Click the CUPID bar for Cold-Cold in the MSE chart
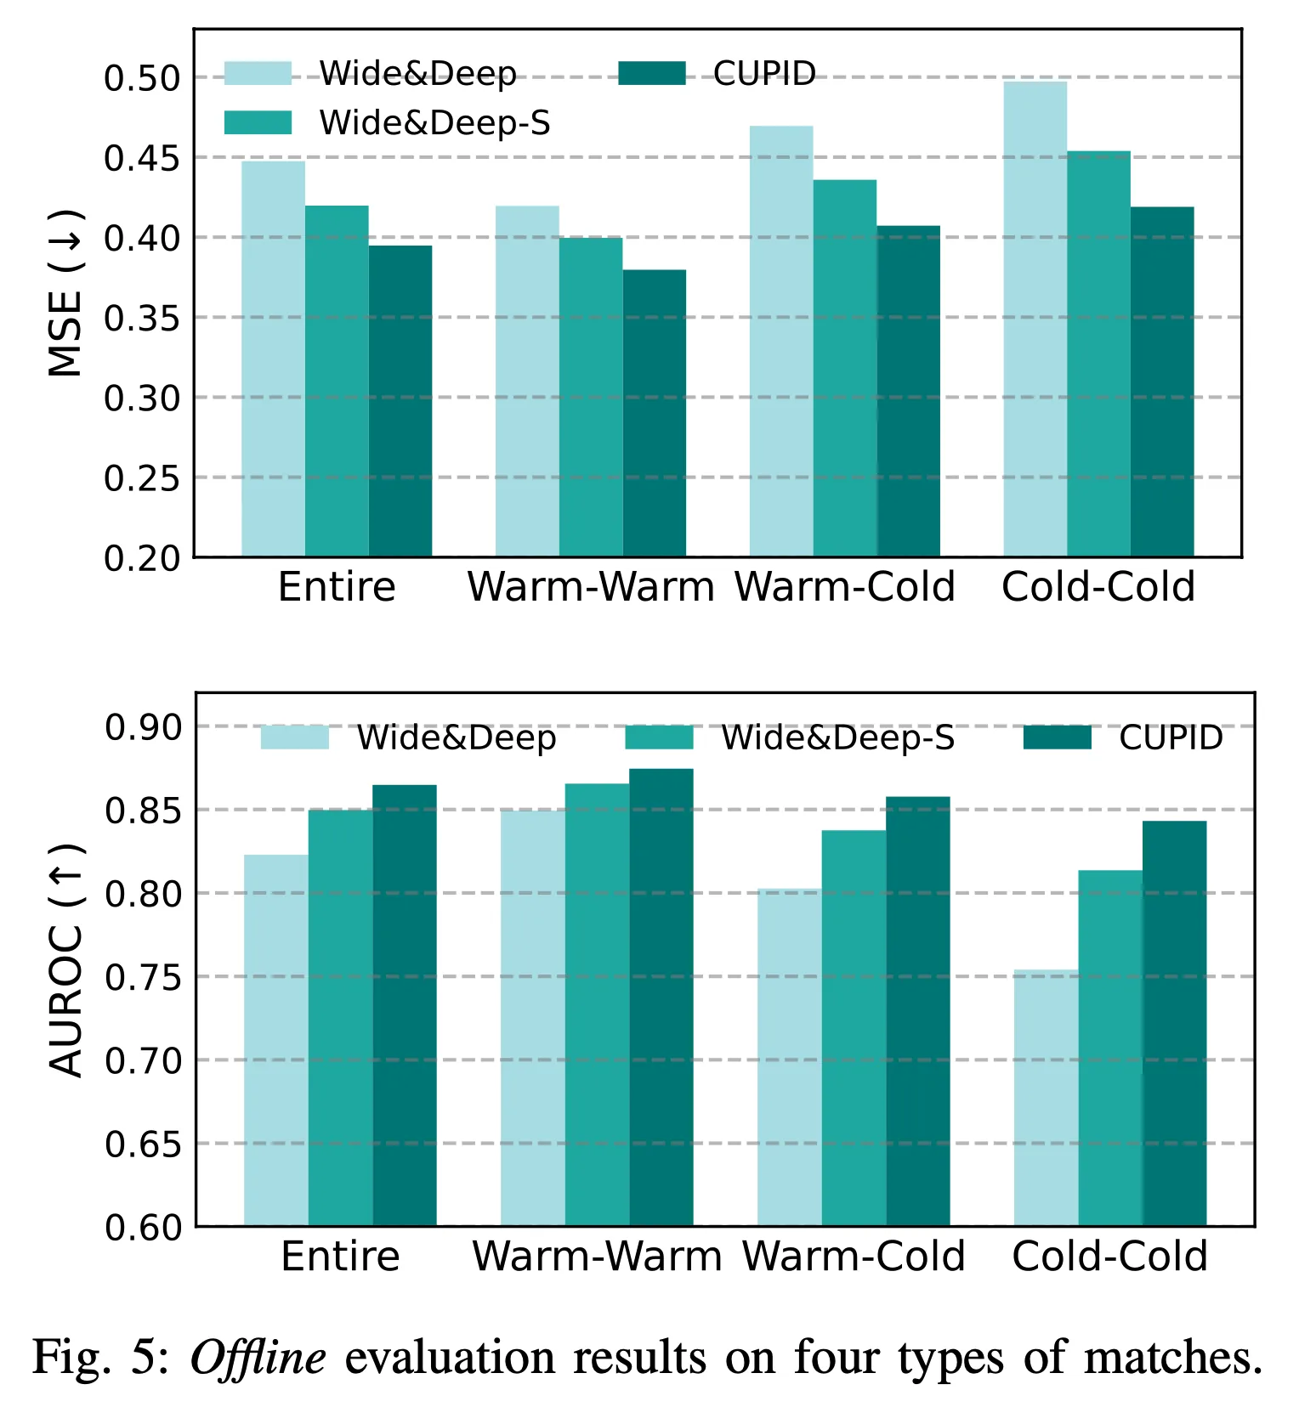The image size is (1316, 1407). (x=1162, y=381)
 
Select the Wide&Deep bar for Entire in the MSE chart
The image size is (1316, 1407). (x=273, y=359)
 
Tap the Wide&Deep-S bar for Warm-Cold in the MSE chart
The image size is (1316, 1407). (x=845, y=368)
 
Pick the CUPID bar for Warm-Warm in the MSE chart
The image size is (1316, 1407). (x=655, y=413)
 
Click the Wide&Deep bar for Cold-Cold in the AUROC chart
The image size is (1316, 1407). (x=1047, y=1098)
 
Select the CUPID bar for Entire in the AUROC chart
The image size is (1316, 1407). (x=405, y=1005)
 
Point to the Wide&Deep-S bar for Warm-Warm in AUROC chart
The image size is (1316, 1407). (x=598, y=1004)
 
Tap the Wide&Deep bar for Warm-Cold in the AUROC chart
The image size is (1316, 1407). (x=790, y=1057)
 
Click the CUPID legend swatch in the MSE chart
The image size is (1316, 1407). (x=652, y=73)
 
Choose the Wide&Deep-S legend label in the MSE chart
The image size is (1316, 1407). (x=434, y=123)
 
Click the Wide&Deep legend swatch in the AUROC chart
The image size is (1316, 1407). (x=294, y=737)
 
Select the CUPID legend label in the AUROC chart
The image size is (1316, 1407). (x=1171, y=737)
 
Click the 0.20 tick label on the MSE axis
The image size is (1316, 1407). (x=142, y=558)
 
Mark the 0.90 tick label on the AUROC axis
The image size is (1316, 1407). (x=144, y=727)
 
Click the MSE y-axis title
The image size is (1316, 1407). (x=65, y=293)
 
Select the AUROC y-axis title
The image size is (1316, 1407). (x=66, y=961)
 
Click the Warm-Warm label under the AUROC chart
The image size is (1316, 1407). (x=597, y=1256)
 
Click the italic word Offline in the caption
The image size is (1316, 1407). (x=258, y=1357)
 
